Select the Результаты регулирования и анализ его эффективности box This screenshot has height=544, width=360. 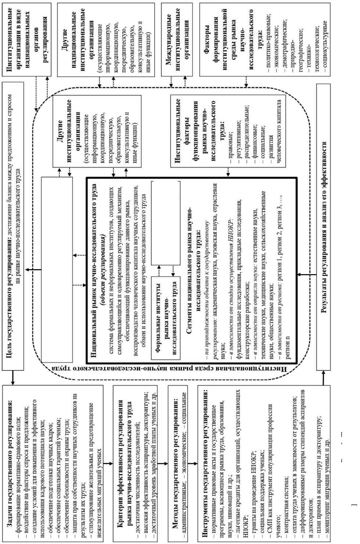click(x=324, y=228)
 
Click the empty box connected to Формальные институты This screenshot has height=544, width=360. click(x=166, y=223)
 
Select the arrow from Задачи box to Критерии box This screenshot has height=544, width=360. click(x=108, y=464)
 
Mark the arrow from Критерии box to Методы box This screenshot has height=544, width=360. click(x=163, y=464)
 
